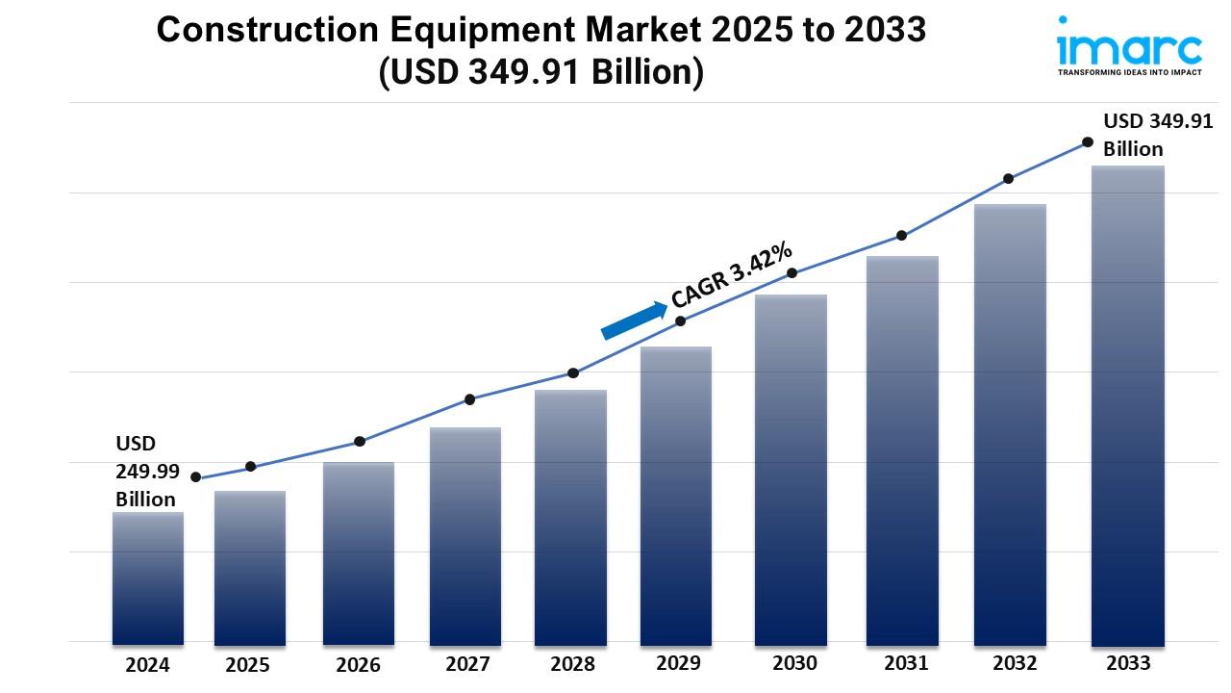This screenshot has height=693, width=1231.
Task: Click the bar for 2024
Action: coord(147,577)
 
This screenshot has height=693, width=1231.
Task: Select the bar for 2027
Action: coord(465,535)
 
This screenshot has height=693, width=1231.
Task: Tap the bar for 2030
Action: coord(791,469)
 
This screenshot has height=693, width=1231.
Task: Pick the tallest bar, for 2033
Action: coord(1127,404)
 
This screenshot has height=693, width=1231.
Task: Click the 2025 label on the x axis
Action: coord(248,665)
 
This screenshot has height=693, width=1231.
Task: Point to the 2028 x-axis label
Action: coord(572,664)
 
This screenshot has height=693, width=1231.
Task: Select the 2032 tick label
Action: coord(1016,663)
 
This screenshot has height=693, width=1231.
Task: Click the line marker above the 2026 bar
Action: coord(359,442)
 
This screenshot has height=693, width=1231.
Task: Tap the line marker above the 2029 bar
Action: coord(680,321)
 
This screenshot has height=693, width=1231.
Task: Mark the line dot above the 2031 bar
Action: coord(901,236)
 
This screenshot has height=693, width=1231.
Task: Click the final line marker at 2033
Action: coord(1088,141)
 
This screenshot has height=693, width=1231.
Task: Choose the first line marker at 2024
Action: coord(196,477)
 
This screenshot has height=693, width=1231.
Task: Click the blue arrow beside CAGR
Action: coord(634,321)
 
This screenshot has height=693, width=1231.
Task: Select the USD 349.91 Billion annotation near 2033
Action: coord(1144,135)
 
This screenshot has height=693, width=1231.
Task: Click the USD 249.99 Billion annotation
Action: coord(146,471)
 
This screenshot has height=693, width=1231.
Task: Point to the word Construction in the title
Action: coord(255,31)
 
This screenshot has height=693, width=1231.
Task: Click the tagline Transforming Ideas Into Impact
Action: coord(1129,72)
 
